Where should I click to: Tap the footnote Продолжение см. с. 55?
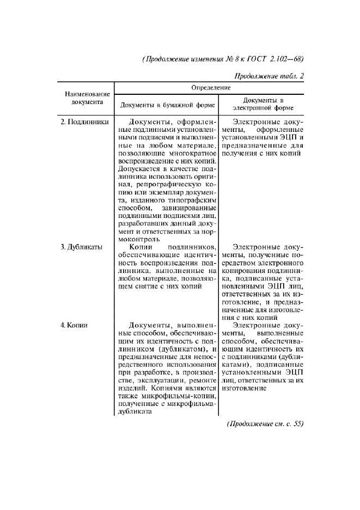[265, 423]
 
